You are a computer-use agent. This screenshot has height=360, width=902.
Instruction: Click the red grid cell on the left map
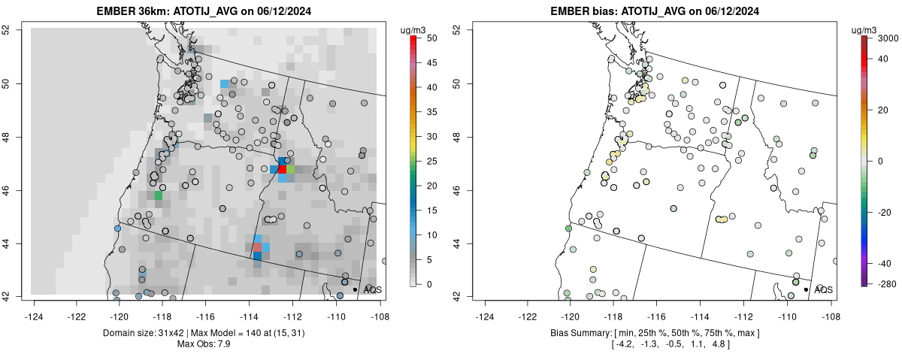click(x=283, y=170)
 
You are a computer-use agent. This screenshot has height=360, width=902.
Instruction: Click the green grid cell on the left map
click(x=159, y=195)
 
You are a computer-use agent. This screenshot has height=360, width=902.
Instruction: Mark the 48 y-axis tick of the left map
click(x=6, y=137)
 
